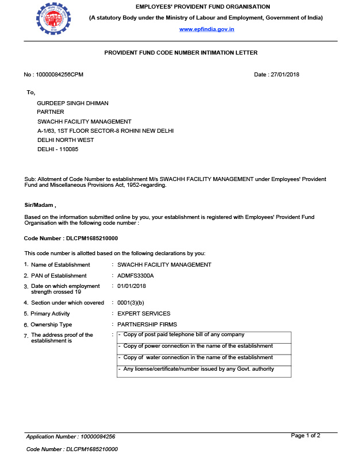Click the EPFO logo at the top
(x=51, y=18)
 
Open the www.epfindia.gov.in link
(x=206, y=29)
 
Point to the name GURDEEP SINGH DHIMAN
(x=72, y=103)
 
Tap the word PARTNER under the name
(x=51, y=112)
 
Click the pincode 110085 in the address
(x=67, y=149)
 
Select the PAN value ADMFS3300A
(x=136, y=276)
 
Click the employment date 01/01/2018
(x=132, y=286)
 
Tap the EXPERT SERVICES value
(x=144, y=314)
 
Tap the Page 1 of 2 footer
(x=305, y=436)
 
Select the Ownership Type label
(x=51, y=325)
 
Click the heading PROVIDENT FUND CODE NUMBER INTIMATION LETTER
(x=181, y=53)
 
